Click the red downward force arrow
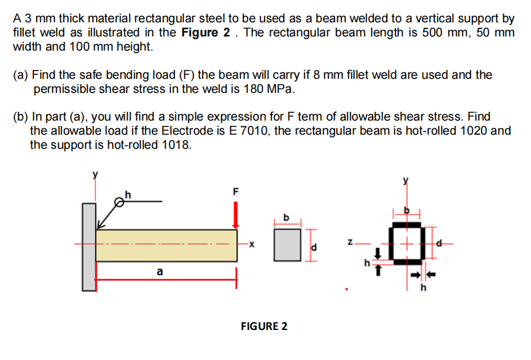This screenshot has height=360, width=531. pyautogui.click(x=236, y=215)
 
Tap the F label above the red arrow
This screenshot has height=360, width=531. pyautogui.click(x=236, y=191)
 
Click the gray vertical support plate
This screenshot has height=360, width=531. pyautogui.click(x=88, y=246)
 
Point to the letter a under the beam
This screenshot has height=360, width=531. pyautogui.click(x=160, y=272)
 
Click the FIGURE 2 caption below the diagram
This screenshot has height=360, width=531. pyautogui.click(x=264, y=326)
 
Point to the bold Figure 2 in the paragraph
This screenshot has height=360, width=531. pyautogui.click(x=205, y=33)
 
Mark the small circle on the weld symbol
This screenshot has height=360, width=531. pyautogui.click(x=120, y=203)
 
